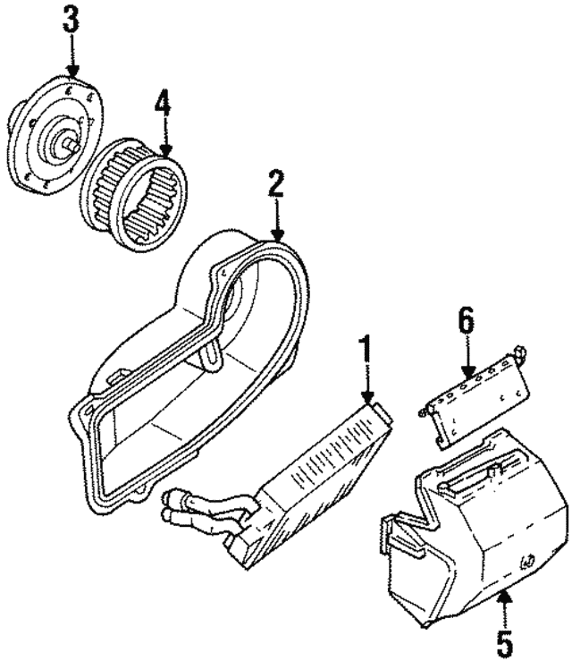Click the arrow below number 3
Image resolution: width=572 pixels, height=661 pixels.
tap(72, 57)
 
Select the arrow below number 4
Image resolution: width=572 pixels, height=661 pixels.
tap(163, 138)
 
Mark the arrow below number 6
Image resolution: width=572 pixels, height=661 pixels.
tap(467, 359)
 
